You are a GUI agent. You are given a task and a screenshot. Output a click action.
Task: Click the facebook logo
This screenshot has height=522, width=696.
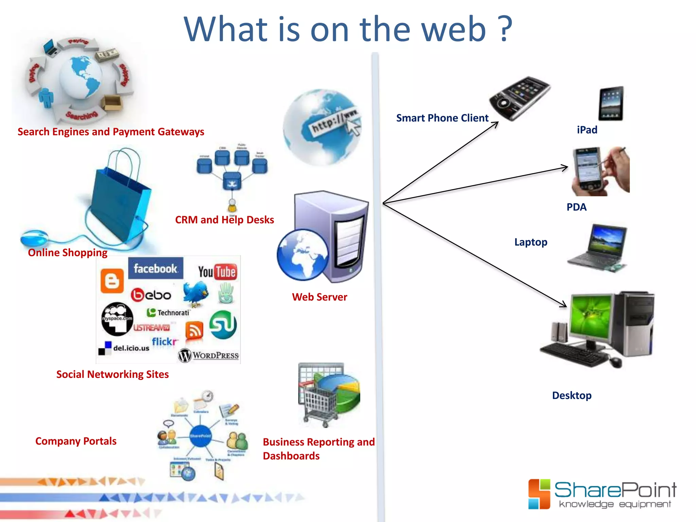[x=155, y=268]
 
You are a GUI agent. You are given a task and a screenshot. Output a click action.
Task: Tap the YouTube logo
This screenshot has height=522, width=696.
[x=217, y=272]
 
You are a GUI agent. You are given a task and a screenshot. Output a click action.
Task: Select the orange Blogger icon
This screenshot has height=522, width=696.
[x=112, y=281]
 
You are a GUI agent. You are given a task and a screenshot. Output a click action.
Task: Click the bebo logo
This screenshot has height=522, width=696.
[x=151, y=295]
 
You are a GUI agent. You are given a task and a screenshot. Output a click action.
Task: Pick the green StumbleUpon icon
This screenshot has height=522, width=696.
[x=223, y=324]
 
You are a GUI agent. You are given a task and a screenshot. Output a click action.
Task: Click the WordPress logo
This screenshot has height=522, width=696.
[x=208, y=355]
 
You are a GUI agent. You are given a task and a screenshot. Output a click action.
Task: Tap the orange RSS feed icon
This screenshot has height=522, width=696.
[x=194, y=330]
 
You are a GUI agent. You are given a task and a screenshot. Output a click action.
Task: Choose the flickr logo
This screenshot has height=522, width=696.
[x=165, y=341]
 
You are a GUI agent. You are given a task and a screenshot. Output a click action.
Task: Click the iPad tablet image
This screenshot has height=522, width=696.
[x=611, y=104]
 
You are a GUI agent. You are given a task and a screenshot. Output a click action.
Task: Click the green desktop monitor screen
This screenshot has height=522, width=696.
[x=591, y=316]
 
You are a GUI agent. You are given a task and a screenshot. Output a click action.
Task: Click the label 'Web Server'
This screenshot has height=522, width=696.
[x=319, y=297]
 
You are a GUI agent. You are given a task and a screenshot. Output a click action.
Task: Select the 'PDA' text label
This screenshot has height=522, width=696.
[x=576, y=207]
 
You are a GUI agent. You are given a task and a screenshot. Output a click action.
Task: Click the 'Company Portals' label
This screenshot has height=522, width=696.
[x=76, y=441]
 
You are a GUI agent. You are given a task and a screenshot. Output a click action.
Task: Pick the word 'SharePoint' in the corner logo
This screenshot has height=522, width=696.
[x=615, y=490]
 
